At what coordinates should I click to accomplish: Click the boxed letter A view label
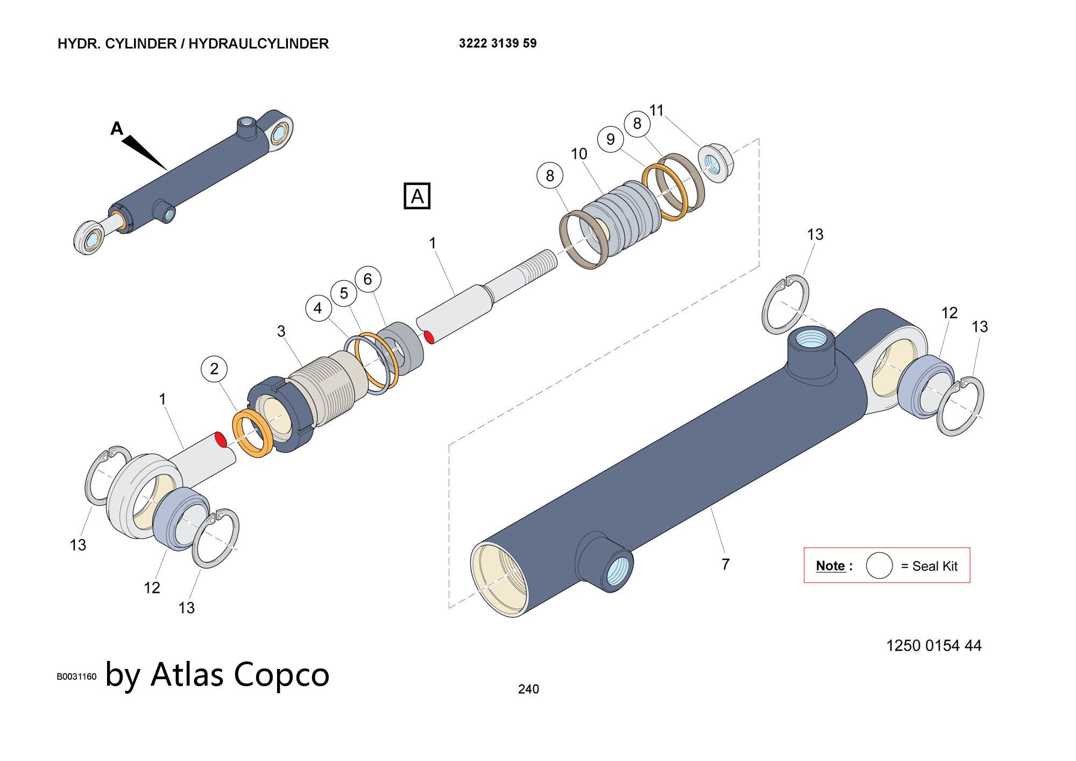click(x=417, y=196)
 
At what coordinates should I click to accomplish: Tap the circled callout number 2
click(x=214, y=369)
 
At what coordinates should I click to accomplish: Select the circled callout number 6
click(x=368, y=279)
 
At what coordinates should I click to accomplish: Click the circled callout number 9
click(x=610, y=139)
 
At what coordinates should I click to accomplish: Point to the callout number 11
click(x=656, y=110)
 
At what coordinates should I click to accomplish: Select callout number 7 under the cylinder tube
click(x=725, y=564)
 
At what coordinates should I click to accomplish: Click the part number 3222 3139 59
click(x=498, y=44)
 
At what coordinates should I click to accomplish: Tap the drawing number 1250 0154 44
click(x=933, y=645)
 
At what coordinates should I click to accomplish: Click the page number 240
click(x=528, y=689)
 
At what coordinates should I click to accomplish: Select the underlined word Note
click(x=830, y=566)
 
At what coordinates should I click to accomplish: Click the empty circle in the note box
click(x=879, y=566)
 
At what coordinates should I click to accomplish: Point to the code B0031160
click(x=76, y=677)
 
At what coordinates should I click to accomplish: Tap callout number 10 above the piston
click(x=579, y=154)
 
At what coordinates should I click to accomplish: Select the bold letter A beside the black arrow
click(x=117, y=129)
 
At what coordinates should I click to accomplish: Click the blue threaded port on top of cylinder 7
click(x=812, y=340)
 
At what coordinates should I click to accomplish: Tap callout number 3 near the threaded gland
click(x=281, y=331)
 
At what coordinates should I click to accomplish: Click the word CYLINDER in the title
click(x=140, y=44)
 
